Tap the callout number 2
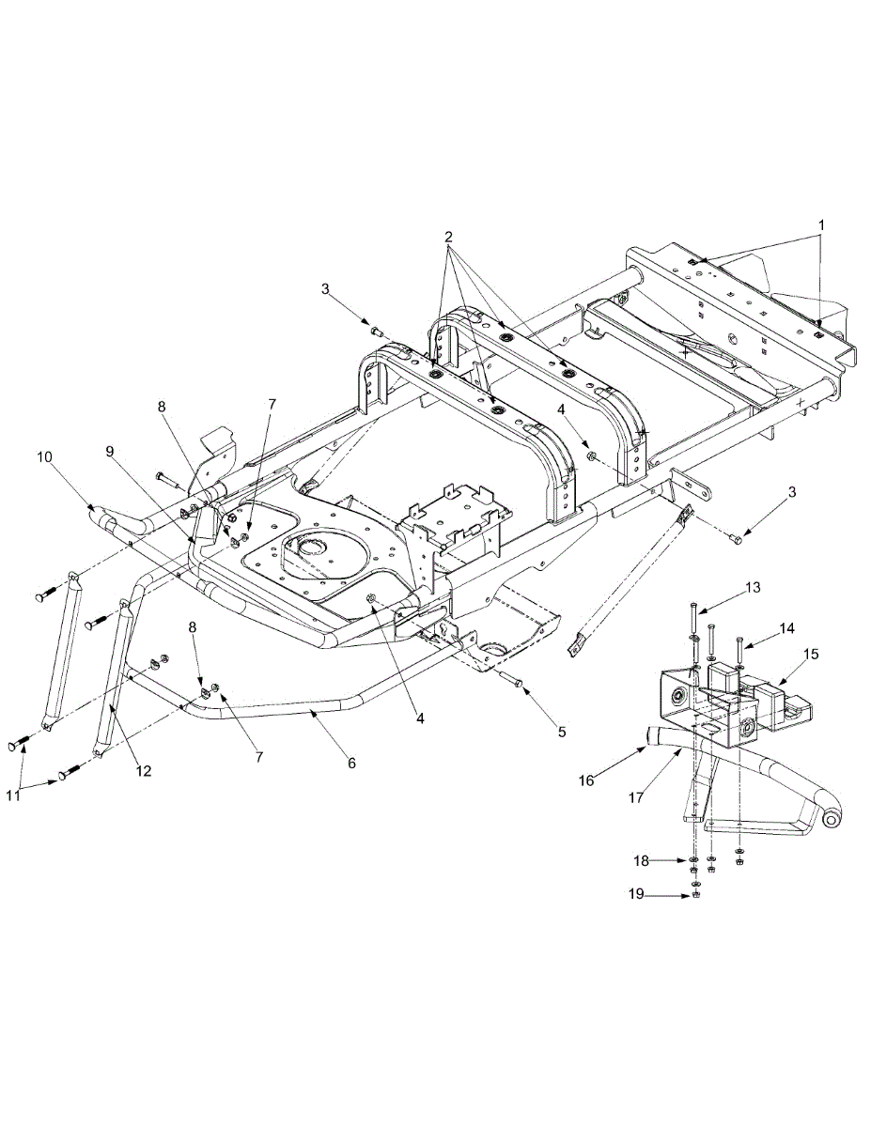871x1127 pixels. click(x=449, y=237)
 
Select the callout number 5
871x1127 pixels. click(x=562, y=730)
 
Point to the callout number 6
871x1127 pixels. click(x=351, y=764)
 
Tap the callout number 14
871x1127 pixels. click(x=787, y=627)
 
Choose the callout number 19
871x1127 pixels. click(x=637, y=895)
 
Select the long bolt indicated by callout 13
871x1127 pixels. click(x=692, y=620)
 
